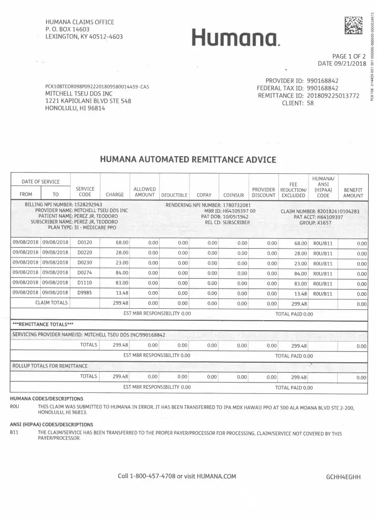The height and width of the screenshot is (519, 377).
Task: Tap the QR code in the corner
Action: point(354,25)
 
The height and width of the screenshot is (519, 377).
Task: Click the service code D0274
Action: point(85,272)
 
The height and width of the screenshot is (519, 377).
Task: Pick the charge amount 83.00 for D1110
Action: point(122,283)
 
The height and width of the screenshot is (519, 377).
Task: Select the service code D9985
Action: point(85,293)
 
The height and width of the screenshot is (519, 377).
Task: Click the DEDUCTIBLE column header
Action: point(174,196)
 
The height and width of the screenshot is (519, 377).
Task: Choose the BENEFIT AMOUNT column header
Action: point(353,193)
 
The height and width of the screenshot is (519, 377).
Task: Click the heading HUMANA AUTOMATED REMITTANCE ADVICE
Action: point(188,160)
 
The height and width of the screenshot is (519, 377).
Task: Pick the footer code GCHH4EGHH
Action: point(343,476)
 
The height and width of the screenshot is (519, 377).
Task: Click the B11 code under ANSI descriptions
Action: point(15,432)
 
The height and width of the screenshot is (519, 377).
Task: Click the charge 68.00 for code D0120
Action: point(122,242)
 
